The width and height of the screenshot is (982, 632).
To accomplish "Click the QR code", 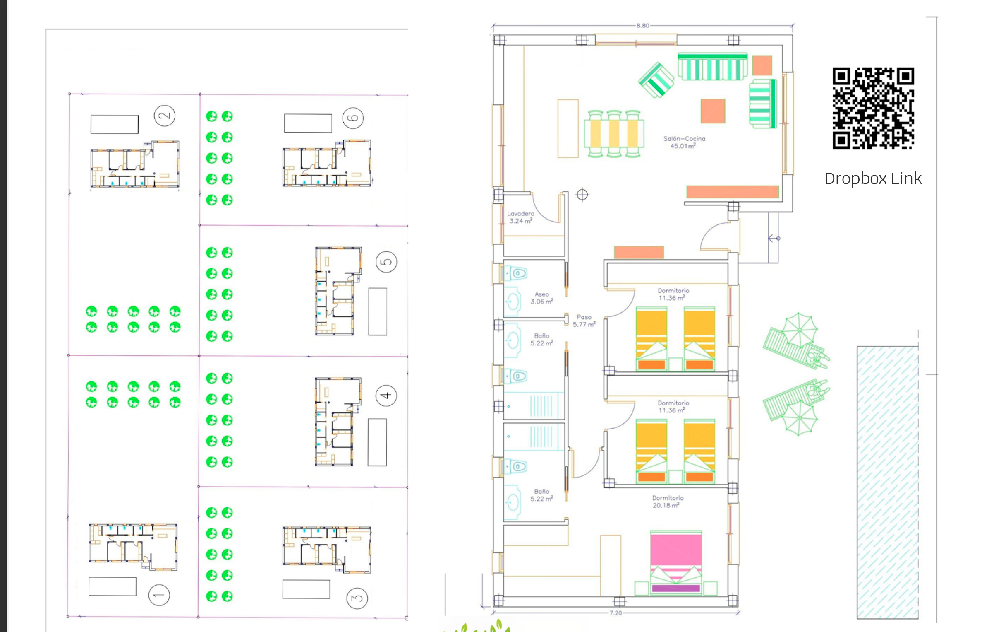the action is click(873, 108).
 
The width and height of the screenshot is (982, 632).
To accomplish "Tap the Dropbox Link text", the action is click(873, 179).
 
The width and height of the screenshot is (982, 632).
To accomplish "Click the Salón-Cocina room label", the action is click(684, 142).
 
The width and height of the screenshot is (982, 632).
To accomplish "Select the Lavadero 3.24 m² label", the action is click(521, 217).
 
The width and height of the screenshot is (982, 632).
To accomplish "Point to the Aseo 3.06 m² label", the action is click(541, 298).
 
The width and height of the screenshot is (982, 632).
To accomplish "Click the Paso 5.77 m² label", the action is click(584, 321).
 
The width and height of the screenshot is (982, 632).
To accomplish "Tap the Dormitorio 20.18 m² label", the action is click(668, 502).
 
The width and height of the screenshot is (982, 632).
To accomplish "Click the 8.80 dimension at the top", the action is click(643, 26).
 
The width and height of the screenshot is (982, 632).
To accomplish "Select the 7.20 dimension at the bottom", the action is click(616, 613).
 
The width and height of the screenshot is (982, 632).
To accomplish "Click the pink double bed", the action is click(676, 562).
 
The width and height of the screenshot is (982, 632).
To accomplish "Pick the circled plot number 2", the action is click(165, 116).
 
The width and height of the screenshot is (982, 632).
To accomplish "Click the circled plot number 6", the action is click(353, 118).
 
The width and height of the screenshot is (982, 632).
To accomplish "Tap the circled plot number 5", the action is click(386, 262).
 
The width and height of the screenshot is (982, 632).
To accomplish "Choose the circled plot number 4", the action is click(386, 396).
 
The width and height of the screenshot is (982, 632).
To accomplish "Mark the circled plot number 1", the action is click(159, 595).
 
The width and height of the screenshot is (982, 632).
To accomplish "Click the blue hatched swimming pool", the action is click(888, 482).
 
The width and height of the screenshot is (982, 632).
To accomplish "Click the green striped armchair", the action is click(656, 80).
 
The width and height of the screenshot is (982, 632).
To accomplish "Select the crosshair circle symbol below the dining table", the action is click(582, 194).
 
